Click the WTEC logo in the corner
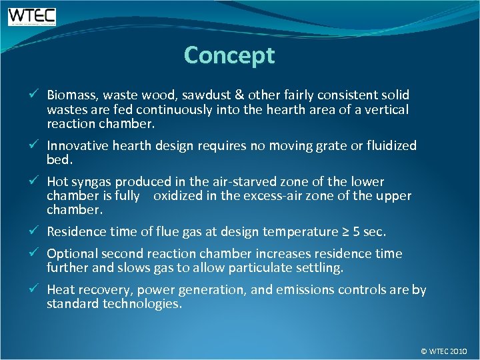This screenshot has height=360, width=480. pyautogui.click(x=31, y=16)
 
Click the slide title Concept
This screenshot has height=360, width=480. pyautogui.click(x=229, y=55)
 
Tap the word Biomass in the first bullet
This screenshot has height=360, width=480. pyautogui.click(x=69, y=95)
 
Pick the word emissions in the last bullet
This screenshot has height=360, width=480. pyautogui.click(x=307, y=290)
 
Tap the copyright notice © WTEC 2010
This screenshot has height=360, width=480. pyautogui.click(x=444, y=350)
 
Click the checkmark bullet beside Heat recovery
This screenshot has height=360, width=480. pyautogui.click(x=39, y=290)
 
